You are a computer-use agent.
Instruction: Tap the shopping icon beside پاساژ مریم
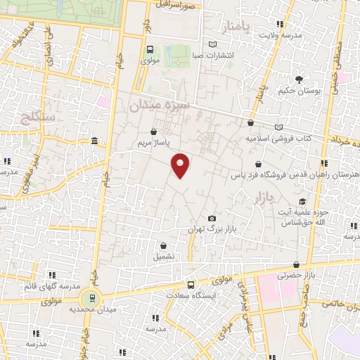pos(154,131)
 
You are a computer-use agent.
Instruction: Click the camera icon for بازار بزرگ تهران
pos(212,218)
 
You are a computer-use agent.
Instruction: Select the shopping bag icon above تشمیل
pos(164,246)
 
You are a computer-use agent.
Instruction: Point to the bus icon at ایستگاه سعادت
pos(191,285)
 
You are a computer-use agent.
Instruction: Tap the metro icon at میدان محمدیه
pos(89,297)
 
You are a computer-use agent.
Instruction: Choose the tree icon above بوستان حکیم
pos(300,79)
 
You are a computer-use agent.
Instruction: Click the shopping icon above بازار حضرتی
pos(296,264)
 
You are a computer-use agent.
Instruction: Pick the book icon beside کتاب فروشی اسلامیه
pos(280,127)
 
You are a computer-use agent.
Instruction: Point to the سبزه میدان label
pos(160,105)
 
